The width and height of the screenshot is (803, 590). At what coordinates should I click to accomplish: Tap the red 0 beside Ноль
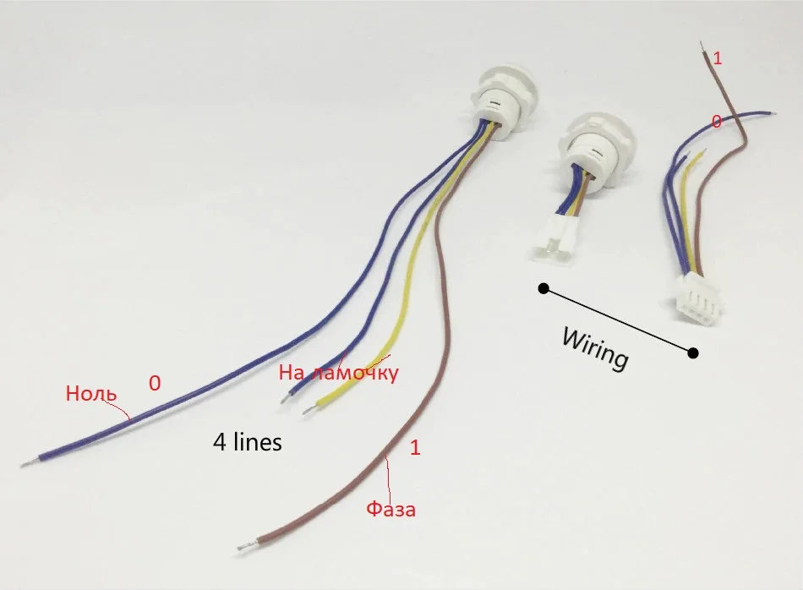(x=154, y=384)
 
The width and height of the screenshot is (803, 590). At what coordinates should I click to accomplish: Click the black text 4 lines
(x=247, y=441)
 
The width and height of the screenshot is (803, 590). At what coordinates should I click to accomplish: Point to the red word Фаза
(x=391, y=510)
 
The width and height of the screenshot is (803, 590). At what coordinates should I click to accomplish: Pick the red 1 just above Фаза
(x=414, y=449)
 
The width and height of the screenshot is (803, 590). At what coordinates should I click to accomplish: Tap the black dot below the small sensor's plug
(x=544, y=290)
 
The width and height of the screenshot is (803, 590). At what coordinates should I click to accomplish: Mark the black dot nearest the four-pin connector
(x=693, y=352)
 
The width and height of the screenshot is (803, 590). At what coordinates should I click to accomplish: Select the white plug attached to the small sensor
(x=554, y=242)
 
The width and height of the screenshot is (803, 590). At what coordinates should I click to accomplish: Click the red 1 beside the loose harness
(x=718, y=58)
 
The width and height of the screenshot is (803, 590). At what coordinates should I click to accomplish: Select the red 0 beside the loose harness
(x=717, y=122)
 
